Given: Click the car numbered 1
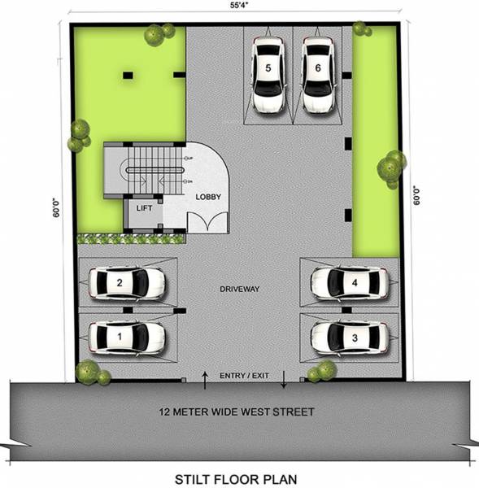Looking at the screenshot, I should (x=125, y=335).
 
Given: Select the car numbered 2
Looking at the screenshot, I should (x=125, y=283).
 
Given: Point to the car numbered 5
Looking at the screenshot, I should (x=268, y=75).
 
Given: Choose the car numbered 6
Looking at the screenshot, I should (x=317, y=75).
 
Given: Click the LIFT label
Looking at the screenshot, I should (x=144, y=209).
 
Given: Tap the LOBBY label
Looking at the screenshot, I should (x=207, y=197).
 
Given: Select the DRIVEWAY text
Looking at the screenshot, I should (x=240, y=290).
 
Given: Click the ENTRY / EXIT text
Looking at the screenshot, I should (x=244, y=376).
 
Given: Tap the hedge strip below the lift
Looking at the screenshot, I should (x=130, y=239).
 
